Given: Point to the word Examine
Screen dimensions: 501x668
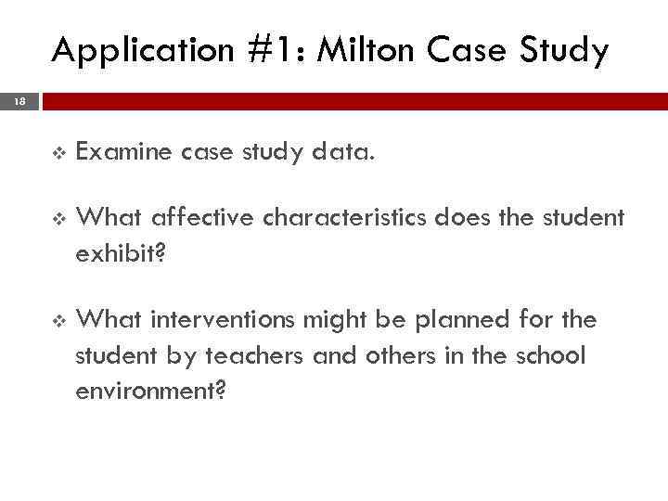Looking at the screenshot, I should [x=122, y=153].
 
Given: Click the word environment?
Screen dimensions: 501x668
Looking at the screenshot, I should [x=151, y=392].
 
